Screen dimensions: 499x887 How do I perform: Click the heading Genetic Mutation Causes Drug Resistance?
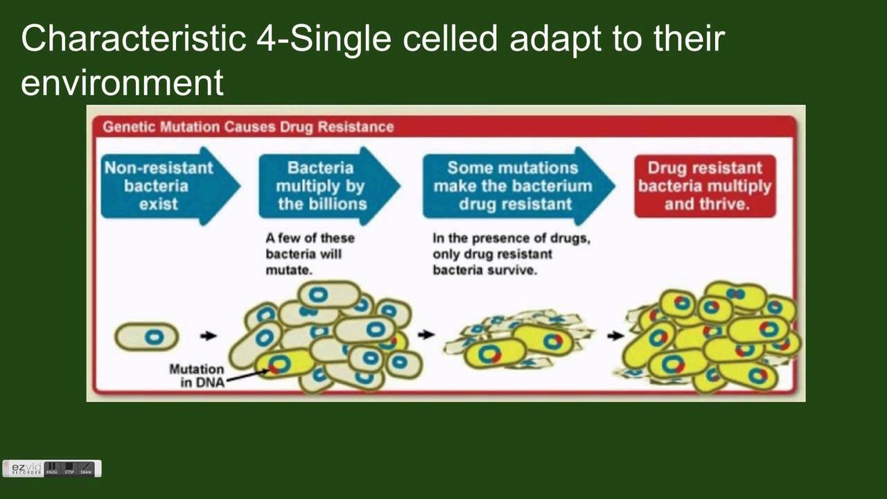(x=248, y=127)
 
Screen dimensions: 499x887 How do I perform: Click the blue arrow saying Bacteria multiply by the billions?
(x=322, y=186)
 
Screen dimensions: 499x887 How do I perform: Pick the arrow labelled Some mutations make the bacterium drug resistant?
(x=513, y=186)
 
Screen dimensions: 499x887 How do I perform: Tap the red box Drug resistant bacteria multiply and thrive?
(x=705, y=186)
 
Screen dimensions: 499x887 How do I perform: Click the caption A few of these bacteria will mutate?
(x=310, y=254)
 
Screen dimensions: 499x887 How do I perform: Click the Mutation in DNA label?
(x=197, y=375)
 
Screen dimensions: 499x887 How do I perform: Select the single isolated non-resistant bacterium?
(x=147, y=337)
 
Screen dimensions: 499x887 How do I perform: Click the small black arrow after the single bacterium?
(x=208, y=336)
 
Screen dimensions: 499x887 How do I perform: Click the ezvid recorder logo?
(x=27, y=469)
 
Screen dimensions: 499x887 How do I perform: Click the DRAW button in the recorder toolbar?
(x=86, y=469)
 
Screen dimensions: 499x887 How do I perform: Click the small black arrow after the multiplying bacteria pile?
(x=426, y=335)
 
